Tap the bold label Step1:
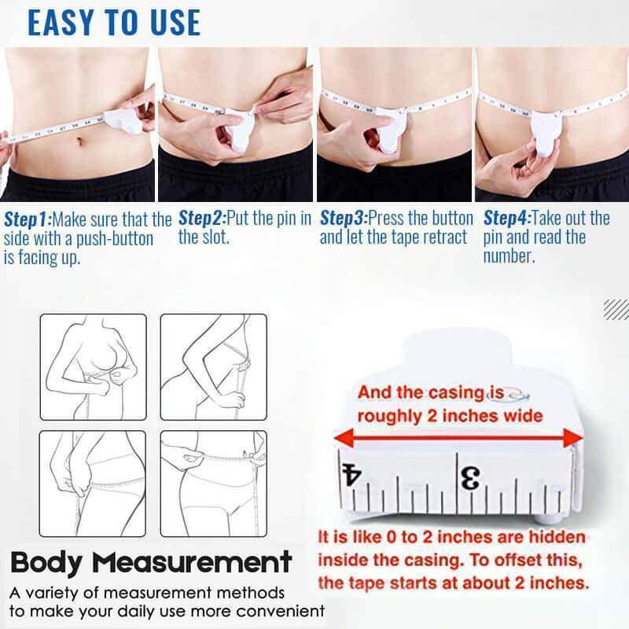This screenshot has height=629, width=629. [27, 219]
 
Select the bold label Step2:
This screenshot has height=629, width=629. [201, 217]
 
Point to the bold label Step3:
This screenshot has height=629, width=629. [343, 217]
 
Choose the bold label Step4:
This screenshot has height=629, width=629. [506, 217]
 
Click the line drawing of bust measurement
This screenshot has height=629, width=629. [93, 367]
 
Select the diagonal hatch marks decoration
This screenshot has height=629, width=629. [616, 309]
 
